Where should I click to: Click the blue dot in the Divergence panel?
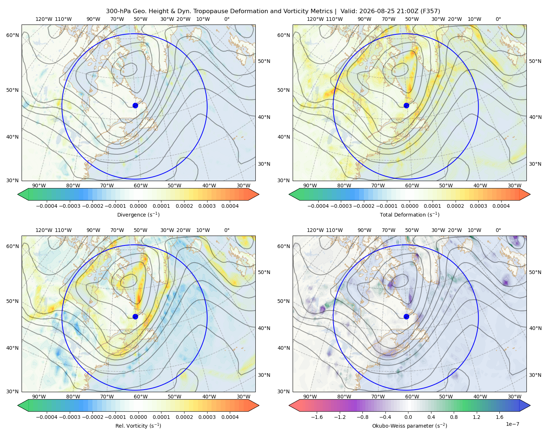click(x=135, y=105)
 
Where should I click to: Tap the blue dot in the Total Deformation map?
click(x=406, y=105)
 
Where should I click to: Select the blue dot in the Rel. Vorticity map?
click(x=135, y=316)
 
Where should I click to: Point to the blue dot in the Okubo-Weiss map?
click(x=406, y=316)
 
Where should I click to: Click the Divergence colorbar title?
click(x=138, y=214)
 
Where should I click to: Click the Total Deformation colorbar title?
click(x=410, y=214)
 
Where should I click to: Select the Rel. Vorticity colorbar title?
click(x=138, y=425)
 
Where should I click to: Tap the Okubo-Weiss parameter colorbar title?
click(x=410, y=425)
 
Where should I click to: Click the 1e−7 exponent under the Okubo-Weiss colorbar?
click(x=512, y=424)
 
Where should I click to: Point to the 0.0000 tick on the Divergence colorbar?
click(x=138, y=206)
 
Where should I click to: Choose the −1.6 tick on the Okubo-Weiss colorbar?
click(x=317, y=417)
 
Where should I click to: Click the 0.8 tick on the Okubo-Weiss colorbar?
click(x=454, y=417)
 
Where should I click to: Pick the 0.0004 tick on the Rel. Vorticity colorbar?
click(x=230, y=417)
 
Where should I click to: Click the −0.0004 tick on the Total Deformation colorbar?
click(x=318, y=206)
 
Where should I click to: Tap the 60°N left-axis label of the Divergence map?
click(x=12, y=35)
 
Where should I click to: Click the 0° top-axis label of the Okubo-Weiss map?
click(x=498, y=230)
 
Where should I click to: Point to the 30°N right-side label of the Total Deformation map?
click(x=535, y=164)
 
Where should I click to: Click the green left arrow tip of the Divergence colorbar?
click(x=18, y=194)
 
